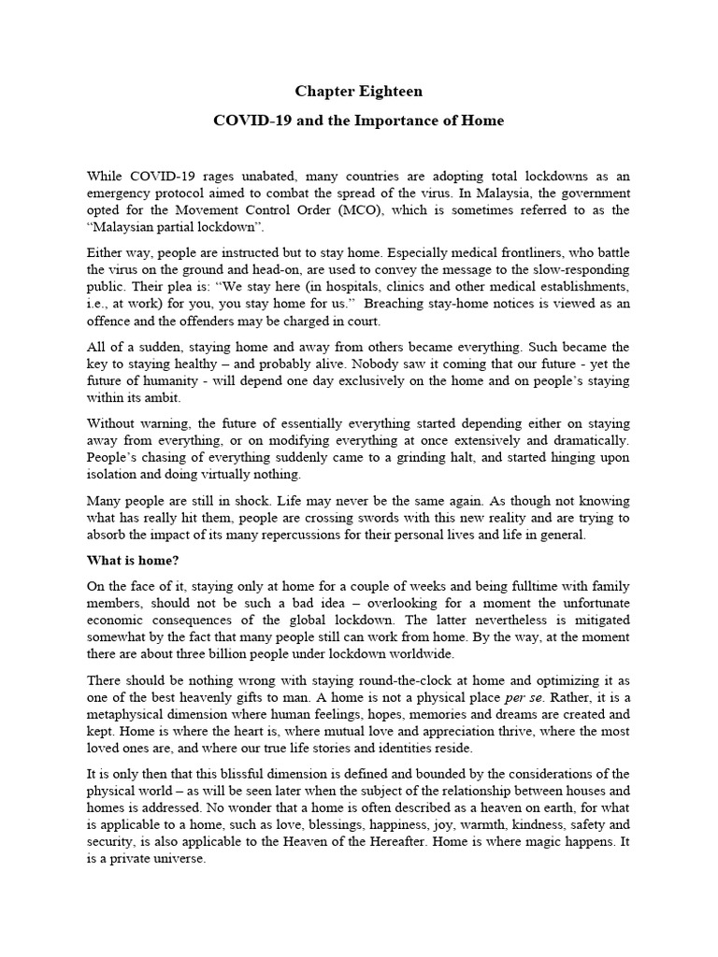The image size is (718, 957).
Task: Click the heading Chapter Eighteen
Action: click(x=359, y=92)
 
